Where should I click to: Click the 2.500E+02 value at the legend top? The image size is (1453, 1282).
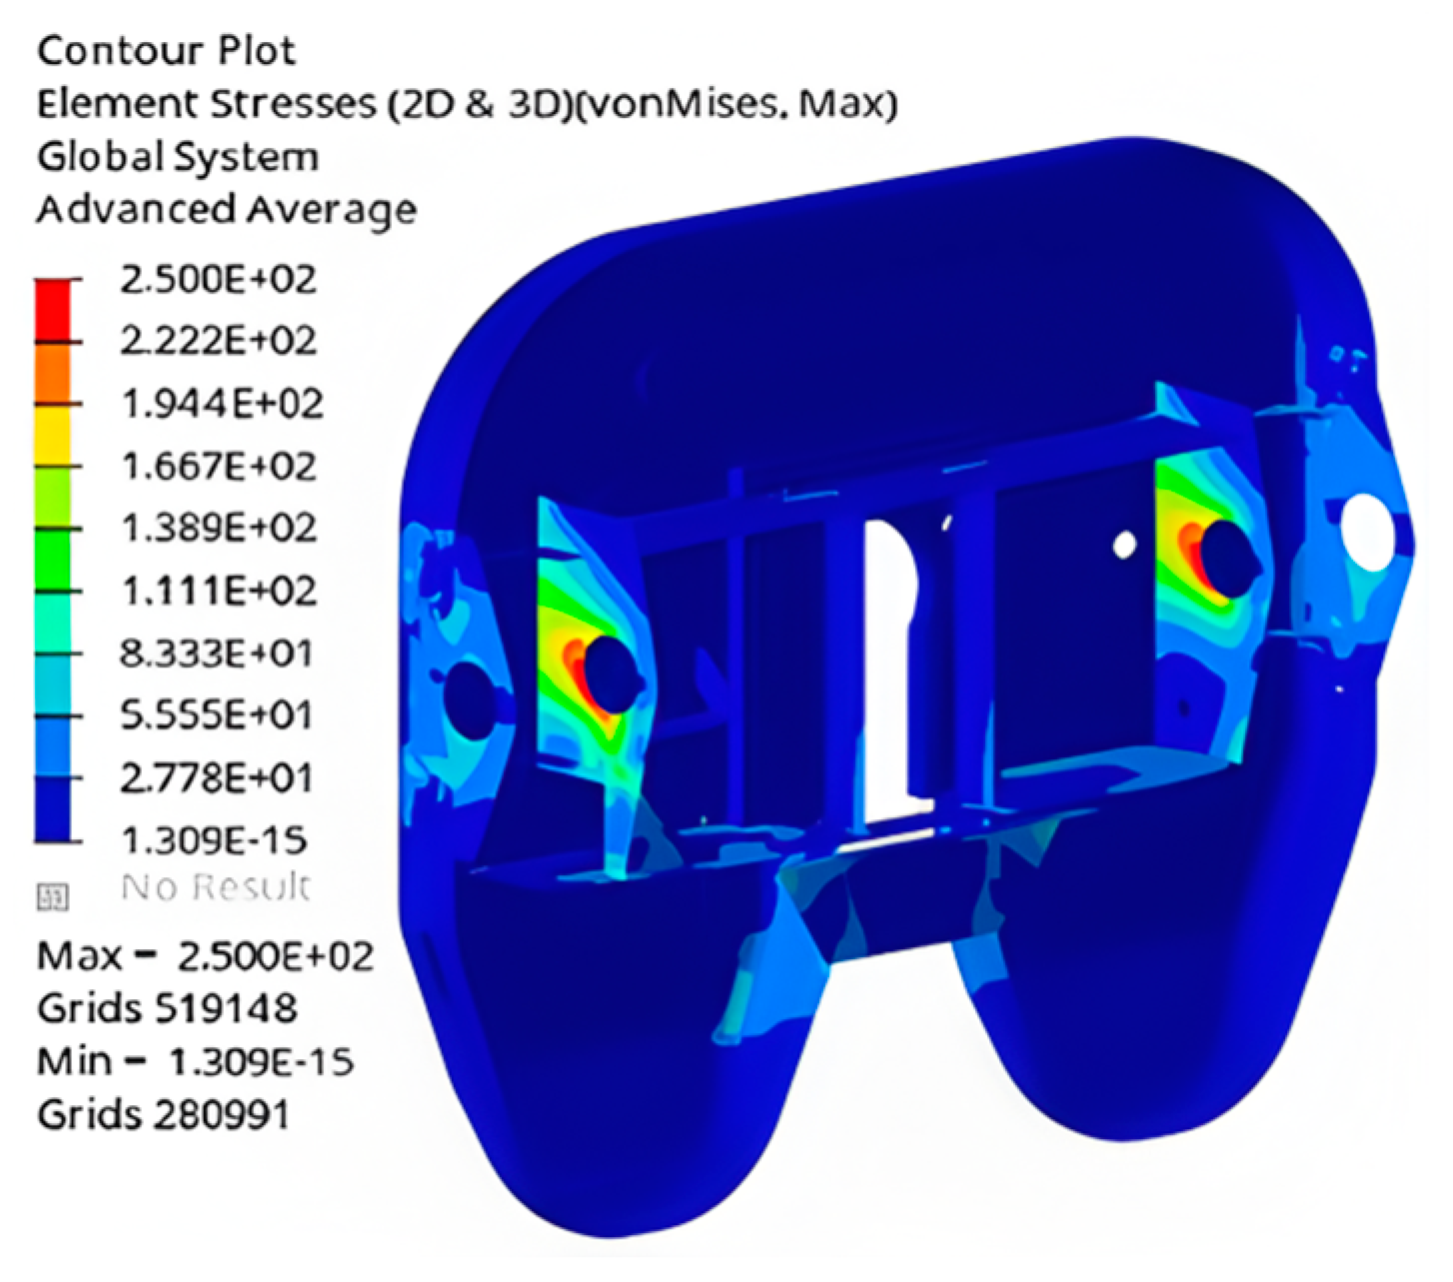click(217, 279)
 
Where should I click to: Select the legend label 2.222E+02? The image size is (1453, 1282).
click(217, 341)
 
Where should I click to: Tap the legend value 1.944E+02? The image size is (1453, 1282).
click(221, 404)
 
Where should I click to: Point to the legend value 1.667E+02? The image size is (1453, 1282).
click(217, 466)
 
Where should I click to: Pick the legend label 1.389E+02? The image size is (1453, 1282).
click(217, 528)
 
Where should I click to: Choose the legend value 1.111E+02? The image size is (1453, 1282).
click(217, 591)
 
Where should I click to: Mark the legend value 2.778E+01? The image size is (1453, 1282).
click(215, 777)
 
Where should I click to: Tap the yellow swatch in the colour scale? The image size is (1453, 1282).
click(54, 436)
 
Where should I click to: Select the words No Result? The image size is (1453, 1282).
click(215, 886)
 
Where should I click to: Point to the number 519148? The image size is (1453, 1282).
click(225, 1008)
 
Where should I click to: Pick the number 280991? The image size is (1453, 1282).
click(221, 1114)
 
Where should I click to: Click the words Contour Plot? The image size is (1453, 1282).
click(166, 51)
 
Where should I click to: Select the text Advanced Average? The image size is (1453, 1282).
click(226, 210)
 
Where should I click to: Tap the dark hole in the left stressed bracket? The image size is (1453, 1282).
click(610, 671)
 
